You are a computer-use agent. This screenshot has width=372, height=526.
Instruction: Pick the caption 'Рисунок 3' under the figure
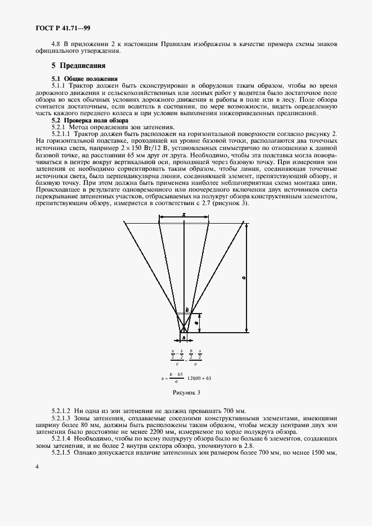[x=186, y=392]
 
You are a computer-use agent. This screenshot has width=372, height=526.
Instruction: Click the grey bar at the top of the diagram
[x=184, y=223]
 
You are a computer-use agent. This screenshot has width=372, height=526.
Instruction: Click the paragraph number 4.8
[x=56, y=44]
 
